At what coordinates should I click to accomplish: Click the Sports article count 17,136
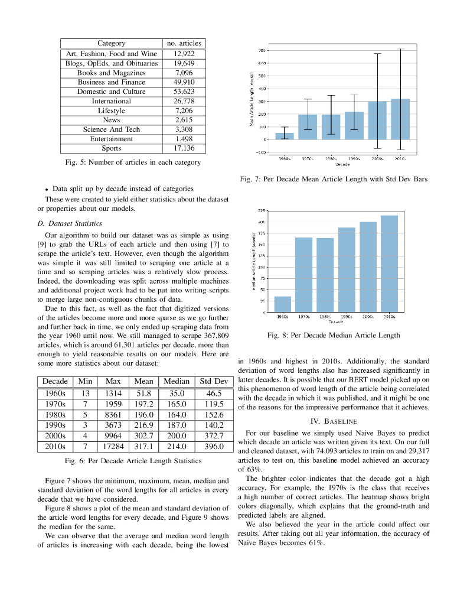184,148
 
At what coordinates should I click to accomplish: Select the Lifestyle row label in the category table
112,110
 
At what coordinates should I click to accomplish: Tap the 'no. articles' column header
184,43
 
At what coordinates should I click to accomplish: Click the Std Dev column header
213,382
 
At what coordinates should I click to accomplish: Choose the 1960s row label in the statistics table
55,393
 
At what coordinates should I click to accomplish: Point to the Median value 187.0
176,425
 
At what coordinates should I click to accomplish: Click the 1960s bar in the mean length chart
284,136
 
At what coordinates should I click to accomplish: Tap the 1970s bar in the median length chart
303,275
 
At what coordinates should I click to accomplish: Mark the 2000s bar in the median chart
368,267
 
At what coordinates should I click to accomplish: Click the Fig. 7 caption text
334,178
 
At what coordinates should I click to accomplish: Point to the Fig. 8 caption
334,335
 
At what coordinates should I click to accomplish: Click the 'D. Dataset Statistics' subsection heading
70,223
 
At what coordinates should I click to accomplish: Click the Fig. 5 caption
133,162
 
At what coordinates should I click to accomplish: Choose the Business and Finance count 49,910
184,82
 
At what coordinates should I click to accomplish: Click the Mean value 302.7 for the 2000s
143,435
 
